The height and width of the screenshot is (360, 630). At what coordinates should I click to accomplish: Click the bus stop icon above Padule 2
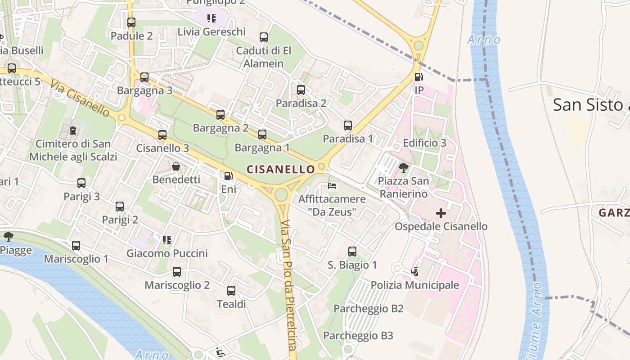[131, 22]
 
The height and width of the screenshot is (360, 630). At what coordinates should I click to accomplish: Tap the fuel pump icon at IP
[418, 77]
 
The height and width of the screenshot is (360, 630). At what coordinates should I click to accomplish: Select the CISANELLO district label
[281, 169]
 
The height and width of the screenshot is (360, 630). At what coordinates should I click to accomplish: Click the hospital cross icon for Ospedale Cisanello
[441, 213]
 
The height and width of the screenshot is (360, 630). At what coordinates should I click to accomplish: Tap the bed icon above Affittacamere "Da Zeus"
[332, 185]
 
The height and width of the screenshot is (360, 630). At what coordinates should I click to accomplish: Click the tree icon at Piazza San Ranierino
[404, 168]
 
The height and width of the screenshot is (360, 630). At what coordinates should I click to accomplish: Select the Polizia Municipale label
[414, 285]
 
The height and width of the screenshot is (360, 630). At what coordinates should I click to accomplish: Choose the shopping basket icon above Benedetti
[176, 166]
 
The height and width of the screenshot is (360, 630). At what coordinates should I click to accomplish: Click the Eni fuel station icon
[229, 176]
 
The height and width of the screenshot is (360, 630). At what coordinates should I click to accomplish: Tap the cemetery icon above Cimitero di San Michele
[73, 131]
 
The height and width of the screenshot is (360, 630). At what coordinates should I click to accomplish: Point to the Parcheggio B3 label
[358, 336]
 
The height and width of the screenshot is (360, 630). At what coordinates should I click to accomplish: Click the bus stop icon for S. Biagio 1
[352, 252]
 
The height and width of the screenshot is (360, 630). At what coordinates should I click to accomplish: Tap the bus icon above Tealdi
[231, 291]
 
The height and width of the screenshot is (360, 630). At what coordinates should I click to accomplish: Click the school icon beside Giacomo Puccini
[167, 240]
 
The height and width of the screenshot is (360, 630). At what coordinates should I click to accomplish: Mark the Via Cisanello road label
[80, 98]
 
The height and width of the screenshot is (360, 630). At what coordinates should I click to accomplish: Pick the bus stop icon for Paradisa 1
[348, 126]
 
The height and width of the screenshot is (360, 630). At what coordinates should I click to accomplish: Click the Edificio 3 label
[424, 143]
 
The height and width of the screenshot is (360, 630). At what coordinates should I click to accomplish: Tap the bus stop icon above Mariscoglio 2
[177, 272]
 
